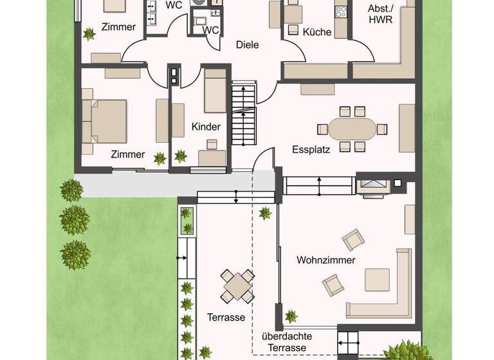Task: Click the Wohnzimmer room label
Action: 326,260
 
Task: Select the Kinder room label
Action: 206,127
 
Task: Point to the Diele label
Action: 247,45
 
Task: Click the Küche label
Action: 316,31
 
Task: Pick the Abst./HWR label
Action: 380,14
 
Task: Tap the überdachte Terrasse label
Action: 284,343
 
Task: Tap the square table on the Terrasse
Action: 237,285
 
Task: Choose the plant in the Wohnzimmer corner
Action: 291,315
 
